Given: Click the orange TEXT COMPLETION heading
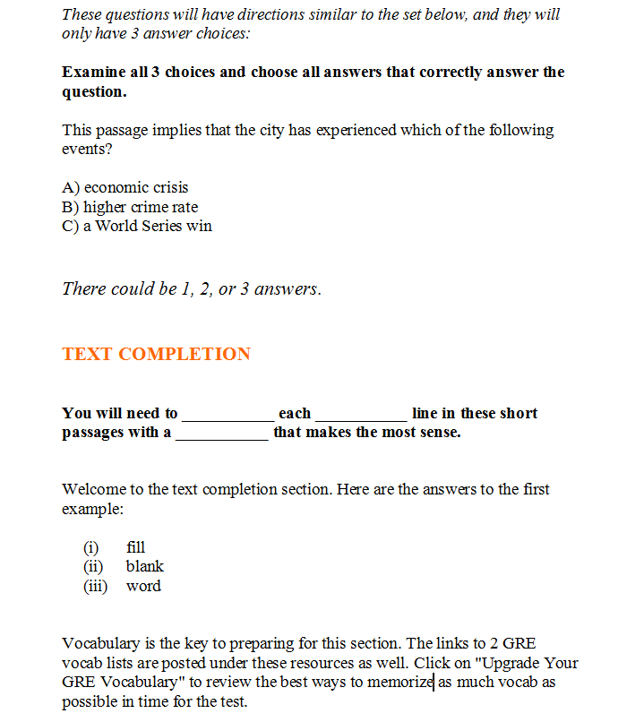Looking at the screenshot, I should (156, 354).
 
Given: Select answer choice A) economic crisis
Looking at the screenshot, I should (125, 188).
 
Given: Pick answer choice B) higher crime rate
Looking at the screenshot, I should (130, 207).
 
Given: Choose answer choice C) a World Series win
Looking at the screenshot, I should (137, 226).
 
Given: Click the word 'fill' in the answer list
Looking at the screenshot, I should (135, 547).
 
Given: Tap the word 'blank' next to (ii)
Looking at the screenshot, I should (144, 566).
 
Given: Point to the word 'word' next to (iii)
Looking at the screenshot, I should (143, 586).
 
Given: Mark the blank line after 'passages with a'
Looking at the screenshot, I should (221, 435).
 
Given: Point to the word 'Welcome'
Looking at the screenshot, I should (92, 489).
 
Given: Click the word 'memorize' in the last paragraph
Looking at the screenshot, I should (403, 683).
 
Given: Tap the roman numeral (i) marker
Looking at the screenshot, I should (90, 547).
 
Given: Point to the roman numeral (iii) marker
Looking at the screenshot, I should (95, 586).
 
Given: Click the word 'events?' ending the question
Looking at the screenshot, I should (87, 150).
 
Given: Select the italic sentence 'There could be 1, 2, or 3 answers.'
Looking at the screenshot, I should (191, 289).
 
